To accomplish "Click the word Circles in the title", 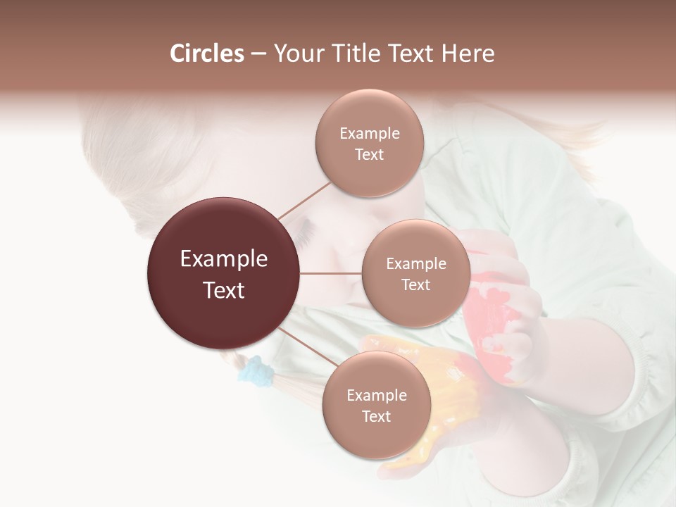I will coord(206,54).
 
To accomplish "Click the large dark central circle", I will coord(223,273).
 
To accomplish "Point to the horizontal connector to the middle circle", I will coord(330,273).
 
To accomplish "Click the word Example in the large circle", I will coord(223,259).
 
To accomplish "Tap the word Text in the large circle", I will coord(223,289).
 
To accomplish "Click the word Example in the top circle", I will coord(369,133).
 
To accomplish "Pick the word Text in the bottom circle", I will coord(376,416).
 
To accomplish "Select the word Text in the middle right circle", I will coord(415,284).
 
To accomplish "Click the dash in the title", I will coord(258,54).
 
